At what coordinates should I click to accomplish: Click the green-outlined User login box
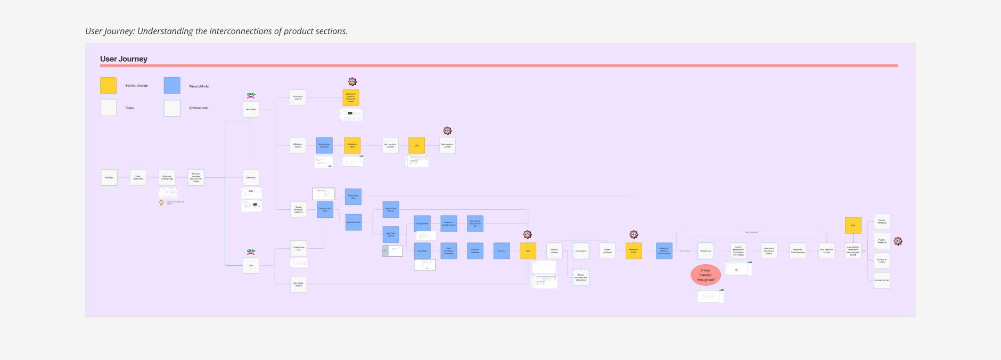point(109,178)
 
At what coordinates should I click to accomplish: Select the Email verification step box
point(138,178)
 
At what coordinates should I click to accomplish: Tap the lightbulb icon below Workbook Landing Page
point(161,202)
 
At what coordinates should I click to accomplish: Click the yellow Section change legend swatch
point(108,86)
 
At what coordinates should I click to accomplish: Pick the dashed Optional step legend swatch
point(172,108)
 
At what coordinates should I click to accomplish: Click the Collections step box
point(251,178)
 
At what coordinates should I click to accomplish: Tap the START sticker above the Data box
point(251,251)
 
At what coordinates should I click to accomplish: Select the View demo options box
point(298,98)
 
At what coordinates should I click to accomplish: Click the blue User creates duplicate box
point(324,145)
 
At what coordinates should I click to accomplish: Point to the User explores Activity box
point(447,145)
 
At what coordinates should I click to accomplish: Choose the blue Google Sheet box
point(422,224)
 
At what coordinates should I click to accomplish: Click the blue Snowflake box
point(422,251)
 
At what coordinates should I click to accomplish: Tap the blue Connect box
point(502,251)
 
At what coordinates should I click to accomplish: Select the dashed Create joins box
point(581,251)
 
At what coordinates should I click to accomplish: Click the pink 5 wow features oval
point(705,275)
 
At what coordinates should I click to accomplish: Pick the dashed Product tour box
point(705,251)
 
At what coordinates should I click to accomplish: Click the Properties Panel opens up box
point(798,251)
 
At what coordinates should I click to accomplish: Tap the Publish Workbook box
point(882,241)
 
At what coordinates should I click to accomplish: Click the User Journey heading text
point(124,59)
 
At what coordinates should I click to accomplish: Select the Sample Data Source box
point(391,210)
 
